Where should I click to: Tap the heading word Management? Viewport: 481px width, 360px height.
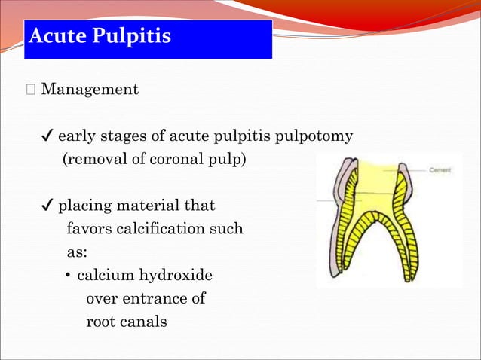click(x=90, y=90)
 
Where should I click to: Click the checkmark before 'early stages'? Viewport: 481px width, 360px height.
click(x=47, y=136)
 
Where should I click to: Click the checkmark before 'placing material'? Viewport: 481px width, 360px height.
click(x=47, y=206)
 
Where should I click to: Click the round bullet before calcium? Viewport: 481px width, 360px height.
click(x=68, y=276)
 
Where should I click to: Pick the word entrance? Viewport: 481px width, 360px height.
click(x=155, y=298)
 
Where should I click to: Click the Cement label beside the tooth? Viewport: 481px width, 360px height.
click(x=440, y=171)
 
